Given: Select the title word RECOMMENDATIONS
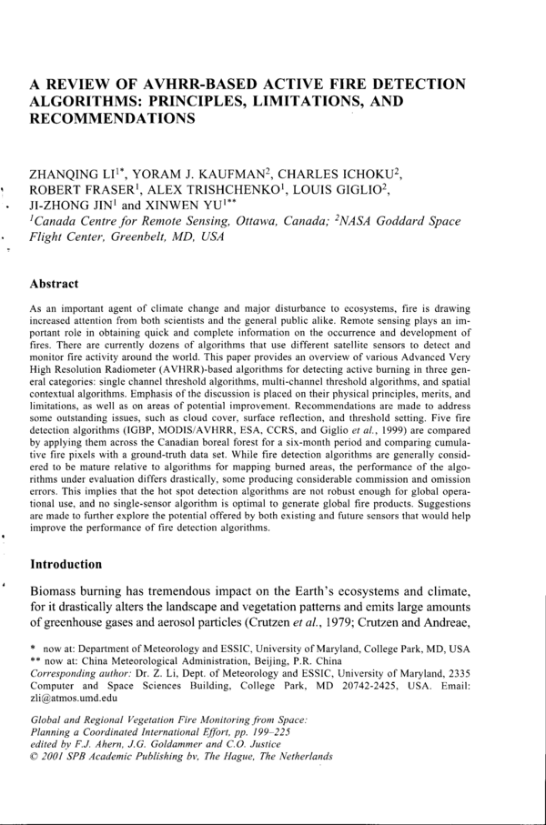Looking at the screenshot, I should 113,118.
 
